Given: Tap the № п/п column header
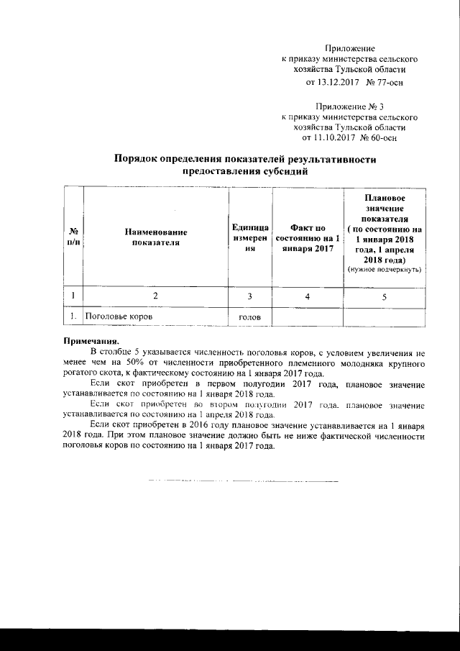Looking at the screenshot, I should (73, 237).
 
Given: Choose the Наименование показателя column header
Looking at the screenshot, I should (155, 237).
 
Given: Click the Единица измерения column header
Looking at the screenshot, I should (251, 237).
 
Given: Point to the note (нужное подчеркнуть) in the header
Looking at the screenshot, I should (385, 268).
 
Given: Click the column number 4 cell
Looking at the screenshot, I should (308, 296).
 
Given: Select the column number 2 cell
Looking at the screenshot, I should (155, 296).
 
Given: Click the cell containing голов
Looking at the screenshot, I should (251, 317).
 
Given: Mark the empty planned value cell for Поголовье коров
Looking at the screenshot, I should (384, 317).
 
